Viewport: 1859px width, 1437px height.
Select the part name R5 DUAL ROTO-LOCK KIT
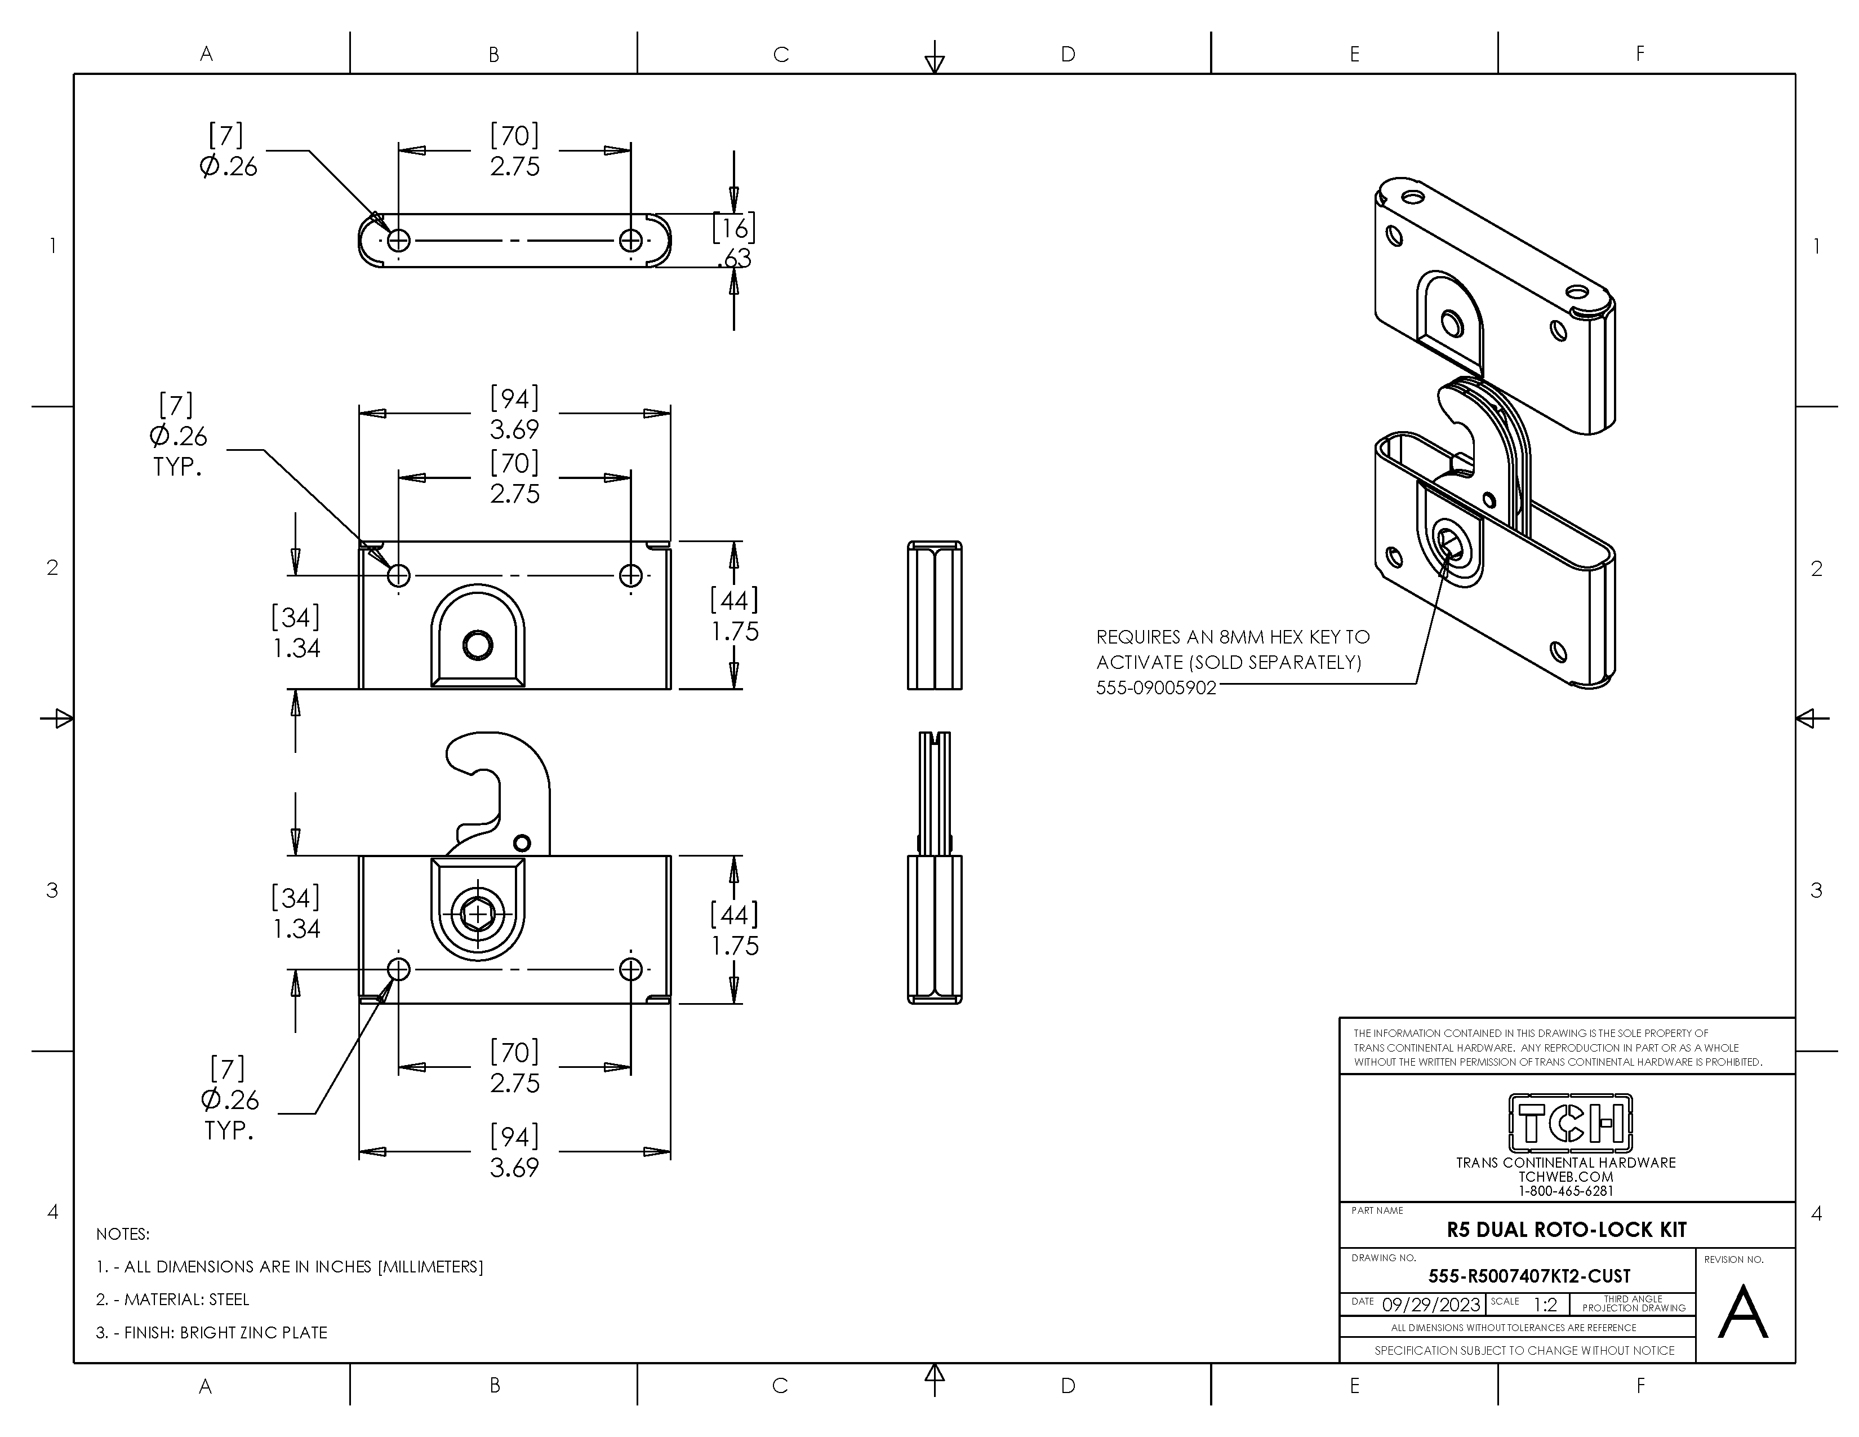pyautogui.click(x=1566, y=1229)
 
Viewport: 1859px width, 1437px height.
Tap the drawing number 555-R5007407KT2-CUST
pyautogui.click(x=1529, y=1276)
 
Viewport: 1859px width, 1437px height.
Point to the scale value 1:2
pyautogui.click(x=1545, y=1304)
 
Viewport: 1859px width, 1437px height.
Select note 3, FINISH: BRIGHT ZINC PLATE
pyautogui.click(x=211, y=1332)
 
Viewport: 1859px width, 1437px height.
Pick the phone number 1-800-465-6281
pyautogui.click(x=1566, y=1191)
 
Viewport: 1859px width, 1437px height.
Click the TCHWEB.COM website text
pyautogui.click(x=1566, y=1177)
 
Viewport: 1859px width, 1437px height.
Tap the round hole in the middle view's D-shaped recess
pyautogui.click(x=478, y=645)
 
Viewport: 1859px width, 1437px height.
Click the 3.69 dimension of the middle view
pyautogui.click(x=514, y=428)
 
